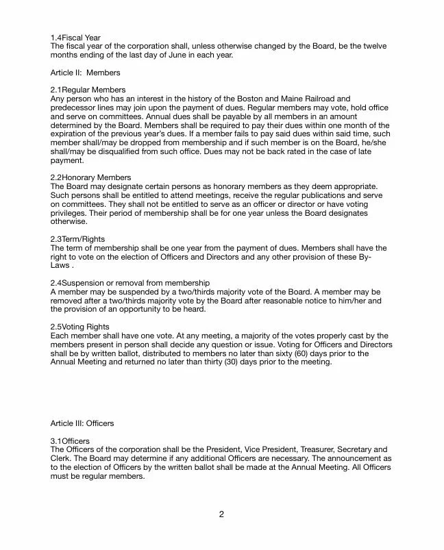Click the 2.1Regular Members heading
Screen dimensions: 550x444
[88, 90]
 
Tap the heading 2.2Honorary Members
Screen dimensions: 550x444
[90, 177]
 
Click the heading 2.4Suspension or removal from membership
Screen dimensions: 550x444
[129, 282]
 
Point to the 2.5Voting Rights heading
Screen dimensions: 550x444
[79, 327]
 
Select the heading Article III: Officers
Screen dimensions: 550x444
[82, 423]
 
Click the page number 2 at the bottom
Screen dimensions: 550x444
[222, 515]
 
